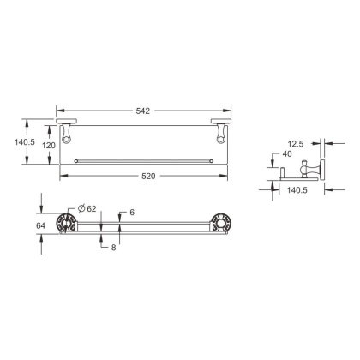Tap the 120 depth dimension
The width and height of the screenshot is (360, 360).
coord(48,146)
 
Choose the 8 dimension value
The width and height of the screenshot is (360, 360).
coord(113,248)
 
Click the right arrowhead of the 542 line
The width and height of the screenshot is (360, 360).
coord(231,110)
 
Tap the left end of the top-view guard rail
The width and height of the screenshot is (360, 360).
coord(77,160)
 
